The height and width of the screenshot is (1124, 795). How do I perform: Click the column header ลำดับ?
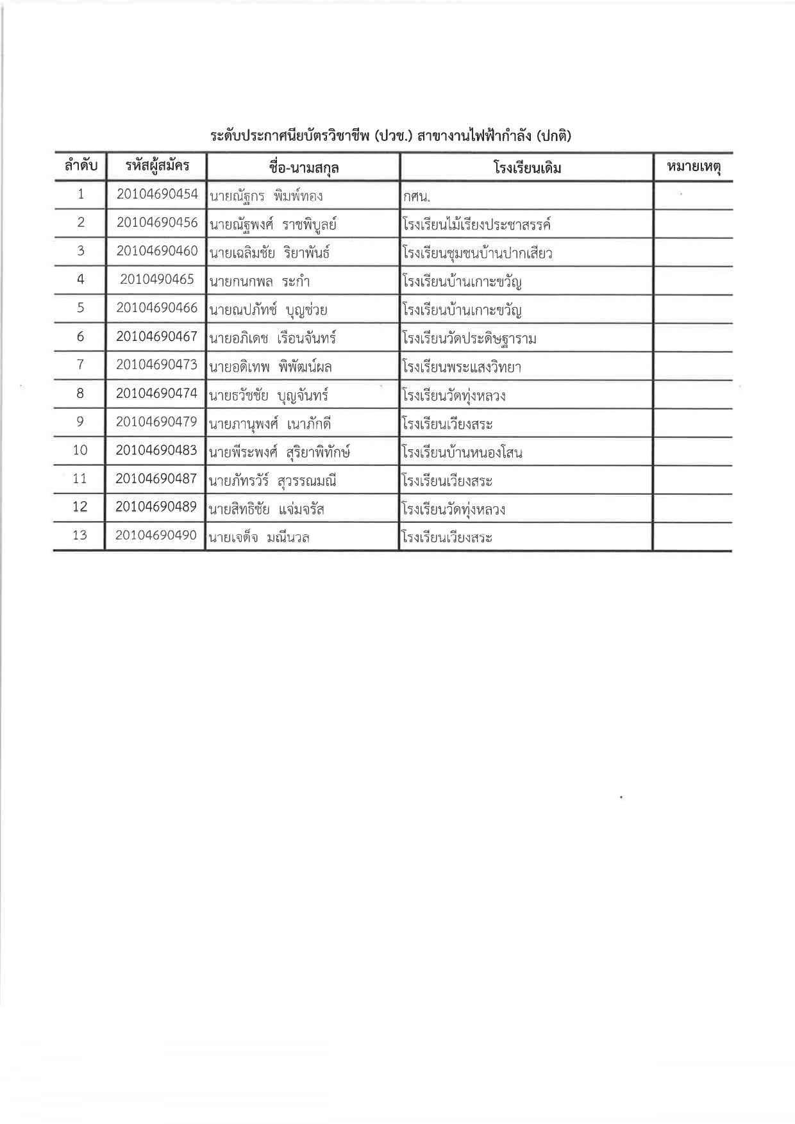[80, 167]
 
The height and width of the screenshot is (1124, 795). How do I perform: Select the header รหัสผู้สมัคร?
[157, 167]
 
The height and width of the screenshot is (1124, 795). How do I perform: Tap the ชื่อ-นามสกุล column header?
[304, 168]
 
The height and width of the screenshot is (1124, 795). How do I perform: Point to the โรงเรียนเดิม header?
[527, 168]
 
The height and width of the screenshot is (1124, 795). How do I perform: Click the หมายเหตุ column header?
[694, 167]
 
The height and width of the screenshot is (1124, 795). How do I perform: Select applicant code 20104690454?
[157, 194]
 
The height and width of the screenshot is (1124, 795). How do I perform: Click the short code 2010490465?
[157, 279]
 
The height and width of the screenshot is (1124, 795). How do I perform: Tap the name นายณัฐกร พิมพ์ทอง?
[266, 196]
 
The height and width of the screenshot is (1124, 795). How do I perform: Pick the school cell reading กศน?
[416, 197]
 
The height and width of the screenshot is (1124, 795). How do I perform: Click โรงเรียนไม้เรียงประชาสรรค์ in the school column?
[476, 225]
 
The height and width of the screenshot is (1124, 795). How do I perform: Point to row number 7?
[80, 365]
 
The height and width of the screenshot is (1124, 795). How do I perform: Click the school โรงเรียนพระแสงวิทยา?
[462, 367]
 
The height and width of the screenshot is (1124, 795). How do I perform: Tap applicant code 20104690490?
[156, 535]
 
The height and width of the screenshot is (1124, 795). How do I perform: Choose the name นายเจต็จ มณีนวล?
[259, 538]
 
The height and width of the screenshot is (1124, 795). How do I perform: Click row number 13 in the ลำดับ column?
[79, 535]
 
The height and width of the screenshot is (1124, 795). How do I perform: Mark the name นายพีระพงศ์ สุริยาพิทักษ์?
[280, 453]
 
